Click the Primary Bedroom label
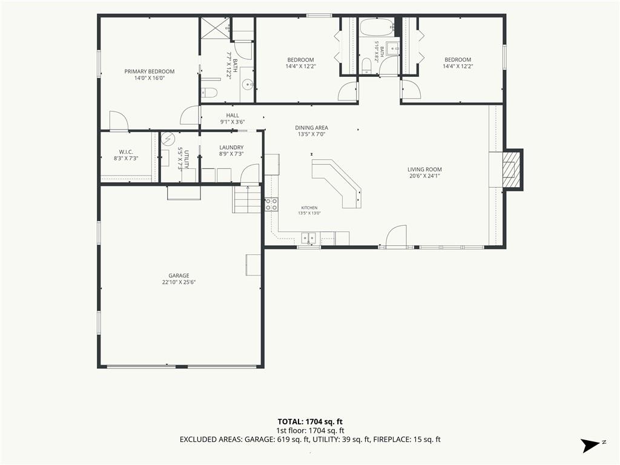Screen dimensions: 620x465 pyautogui.click(x=150, y=74)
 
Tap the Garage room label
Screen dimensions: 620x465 pyautogui.click(x=179, y=279)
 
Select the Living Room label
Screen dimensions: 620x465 pyautogui.click(x=424, y=173)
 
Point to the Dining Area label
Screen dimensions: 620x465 pyautogui.click(x=312, y=131)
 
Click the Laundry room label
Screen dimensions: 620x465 pyautogui.click(x=231, y=151)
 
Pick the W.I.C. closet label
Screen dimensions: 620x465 pyautogui.click(x=126, y=155)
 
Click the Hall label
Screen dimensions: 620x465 pyautogui.click(x=232, y=119)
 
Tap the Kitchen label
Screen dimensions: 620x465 pyautogui.click(x=309, y=210)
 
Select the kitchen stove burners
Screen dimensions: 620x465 pyautogui.click(x=271, y=204)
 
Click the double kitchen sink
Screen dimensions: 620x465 pyautogui.click(x=309, y=237)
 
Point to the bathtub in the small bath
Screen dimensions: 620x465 pyautogui.click(x=377, y=27)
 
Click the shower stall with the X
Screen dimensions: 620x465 pyautogui.click(x=215, y=28)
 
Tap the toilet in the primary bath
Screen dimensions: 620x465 pyautogui.click(x=209, y=93)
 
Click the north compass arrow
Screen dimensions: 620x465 pyautogui.click(x=590, y=446)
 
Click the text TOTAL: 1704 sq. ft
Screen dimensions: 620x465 pyautogui.click(x=310, y=421)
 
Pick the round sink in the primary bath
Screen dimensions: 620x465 pyautogui.click(x=248, y=84)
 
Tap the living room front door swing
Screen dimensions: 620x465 pyautogui.click(x=396, y=237)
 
